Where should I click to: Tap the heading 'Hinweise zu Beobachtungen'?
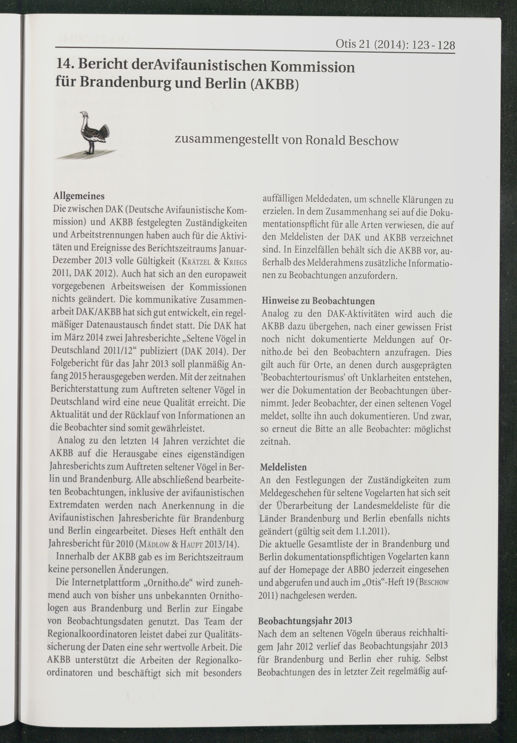point(318,301)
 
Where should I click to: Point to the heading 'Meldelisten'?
point(283,467)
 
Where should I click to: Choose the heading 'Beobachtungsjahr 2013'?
point(305,621)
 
